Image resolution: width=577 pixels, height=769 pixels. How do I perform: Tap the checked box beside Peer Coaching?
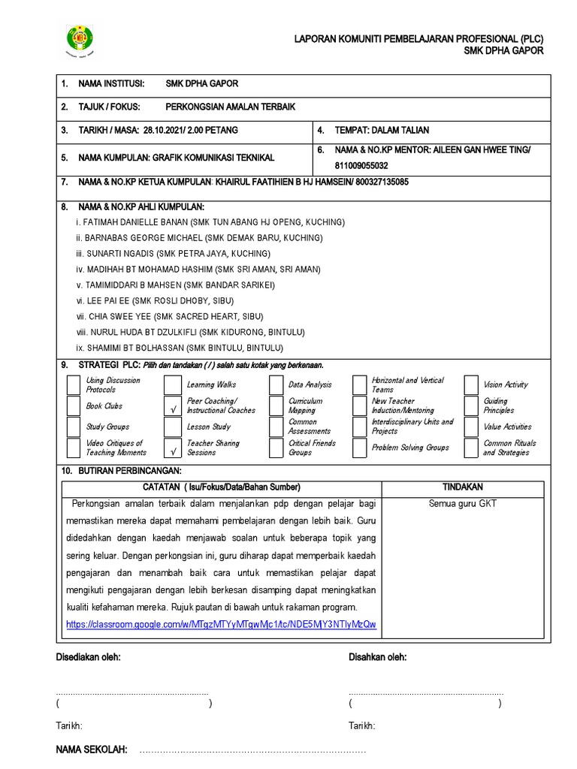pos(174,406)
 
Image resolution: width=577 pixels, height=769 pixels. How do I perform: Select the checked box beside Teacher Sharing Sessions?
pos(174,448)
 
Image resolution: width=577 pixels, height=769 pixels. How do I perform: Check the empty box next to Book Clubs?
pos(73,406)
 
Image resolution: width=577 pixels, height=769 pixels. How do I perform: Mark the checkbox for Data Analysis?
pos(276,385)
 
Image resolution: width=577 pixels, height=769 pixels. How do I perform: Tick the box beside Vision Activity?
pos(470,385)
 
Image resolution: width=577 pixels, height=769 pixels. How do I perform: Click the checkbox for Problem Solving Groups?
pos(360,448)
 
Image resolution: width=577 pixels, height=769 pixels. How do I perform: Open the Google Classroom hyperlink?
pos(221,624)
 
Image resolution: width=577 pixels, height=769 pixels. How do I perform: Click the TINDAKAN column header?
pos(462,487)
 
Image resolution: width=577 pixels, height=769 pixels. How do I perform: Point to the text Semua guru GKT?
pos(462,504)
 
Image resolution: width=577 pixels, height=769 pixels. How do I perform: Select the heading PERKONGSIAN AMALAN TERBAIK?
pos(230,107)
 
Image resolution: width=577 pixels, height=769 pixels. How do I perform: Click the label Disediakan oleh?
pos(89,657)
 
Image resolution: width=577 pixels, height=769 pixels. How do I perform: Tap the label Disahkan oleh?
pos(378,657)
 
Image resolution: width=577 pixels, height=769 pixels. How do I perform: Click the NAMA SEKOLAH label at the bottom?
pos(92,750)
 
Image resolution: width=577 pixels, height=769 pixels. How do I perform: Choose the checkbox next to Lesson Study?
pos(174,427)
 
